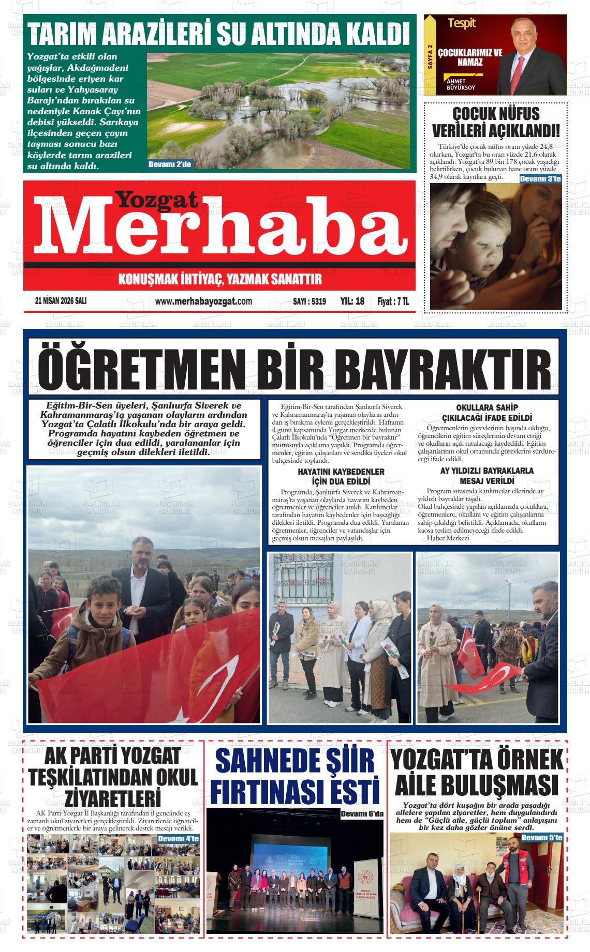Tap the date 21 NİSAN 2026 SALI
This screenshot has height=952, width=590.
click(61, 301)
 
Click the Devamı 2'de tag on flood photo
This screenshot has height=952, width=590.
click(170, 165)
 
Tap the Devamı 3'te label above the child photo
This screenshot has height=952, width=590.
click(540, 178)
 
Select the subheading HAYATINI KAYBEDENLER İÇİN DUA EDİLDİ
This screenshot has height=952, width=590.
click(341, 476)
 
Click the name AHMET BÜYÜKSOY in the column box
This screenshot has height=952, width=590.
click(459, 84)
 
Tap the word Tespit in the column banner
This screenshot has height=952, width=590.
click(462, 23)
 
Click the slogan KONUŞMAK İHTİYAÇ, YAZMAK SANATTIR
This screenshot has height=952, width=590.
click(220, 280)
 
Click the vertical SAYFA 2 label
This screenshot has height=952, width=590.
click(430, 56)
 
